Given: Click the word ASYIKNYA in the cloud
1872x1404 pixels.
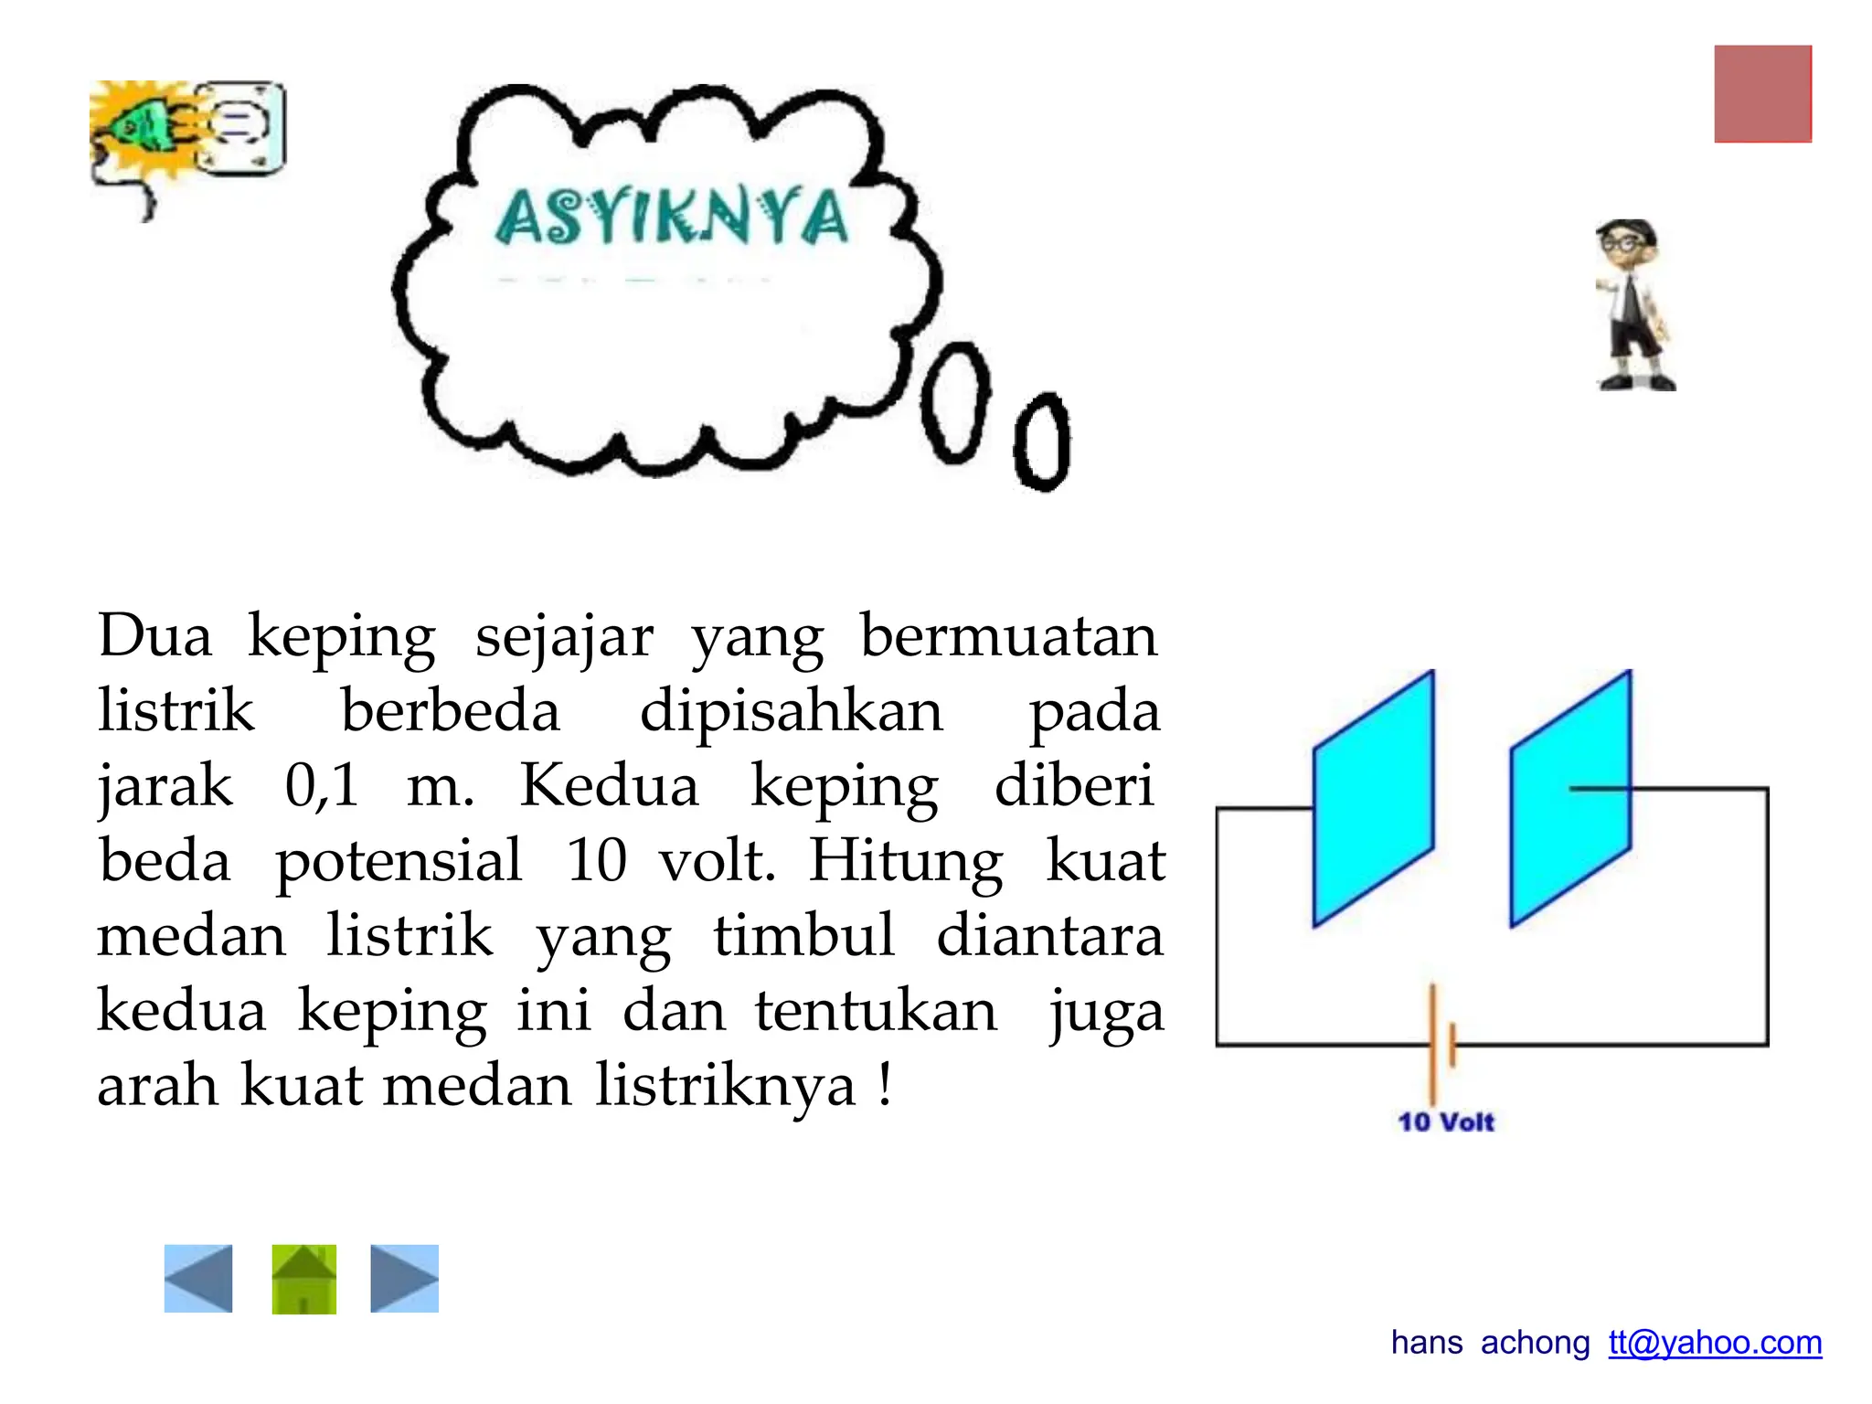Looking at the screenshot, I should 672,217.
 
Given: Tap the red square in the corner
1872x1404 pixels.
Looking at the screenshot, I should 1762,94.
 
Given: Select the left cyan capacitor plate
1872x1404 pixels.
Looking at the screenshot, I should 1373,799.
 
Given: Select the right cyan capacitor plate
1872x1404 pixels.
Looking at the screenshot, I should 1570,799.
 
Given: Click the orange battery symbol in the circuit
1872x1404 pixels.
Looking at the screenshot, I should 1441,1043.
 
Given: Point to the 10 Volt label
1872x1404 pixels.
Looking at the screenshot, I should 1445,1122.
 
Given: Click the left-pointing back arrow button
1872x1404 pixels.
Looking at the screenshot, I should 198,1278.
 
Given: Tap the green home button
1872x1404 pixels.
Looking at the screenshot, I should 303,1278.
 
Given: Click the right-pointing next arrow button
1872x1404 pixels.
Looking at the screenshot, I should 404,1278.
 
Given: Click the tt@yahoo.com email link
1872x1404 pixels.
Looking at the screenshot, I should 1715,1342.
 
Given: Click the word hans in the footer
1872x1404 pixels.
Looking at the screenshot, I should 1426,1342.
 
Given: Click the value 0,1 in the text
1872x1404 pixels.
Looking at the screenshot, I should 322,786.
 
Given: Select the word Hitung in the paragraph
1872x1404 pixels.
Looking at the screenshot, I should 906,861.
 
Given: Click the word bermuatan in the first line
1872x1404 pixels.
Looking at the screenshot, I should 1008,636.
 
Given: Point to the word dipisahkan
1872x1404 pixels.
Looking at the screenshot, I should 791,711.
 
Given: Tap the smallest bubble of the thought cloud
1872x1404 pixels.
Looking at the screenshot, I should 1042,442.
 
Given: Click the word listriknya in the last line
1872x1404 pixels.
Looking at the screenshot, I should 726,1086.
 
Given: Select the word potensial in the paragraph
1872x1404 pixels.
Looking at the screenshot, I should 399,861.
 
